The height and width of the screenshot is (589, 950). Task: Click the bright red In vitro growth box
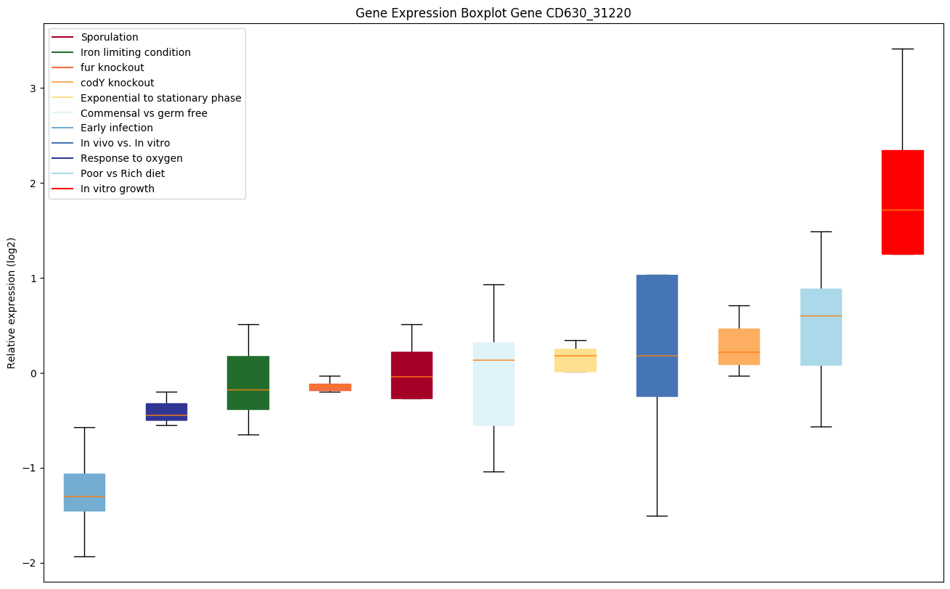click(x=902, y=202)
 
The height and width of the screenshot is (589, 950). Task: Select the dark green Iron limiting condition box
click(x=248, y=382)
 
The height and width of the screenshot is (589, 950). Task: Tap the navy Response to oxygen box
click(x=166, y=411)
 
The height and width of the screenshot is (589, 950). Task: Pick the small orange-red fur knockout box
click(x=329, y=387)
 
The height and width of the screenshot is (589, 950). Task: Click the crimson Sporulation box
click(x=411, y=375)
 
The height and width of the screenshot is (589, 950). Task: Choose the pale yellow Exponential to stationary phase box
click(x=575, y=361)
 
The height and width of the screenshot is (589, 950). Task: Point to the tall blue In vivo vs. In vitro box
click(x=657, y=335)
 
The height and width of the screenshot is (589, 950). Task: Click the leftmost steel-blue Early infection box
click(x=84, y=492)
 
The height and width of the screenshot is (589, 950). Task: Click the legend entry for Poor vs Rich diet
click(x=123, y=173)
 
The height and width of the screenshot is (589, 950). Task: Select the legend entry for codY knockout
click(x=117, y=83)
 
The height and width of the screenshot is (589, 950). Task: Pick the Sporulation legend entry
click(x=110, y=37)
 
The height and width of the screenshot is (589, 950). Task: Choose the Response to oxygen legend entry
click(x=131, y=158)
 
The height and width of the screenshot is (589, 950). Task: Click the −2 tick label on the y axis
click(x=30, y=563)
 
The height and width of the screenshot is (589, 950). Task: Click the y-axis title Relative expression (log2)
click(x=12, y=302)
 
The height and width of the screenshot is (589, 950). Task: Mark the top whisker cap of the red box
click(x=902, y=49)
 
